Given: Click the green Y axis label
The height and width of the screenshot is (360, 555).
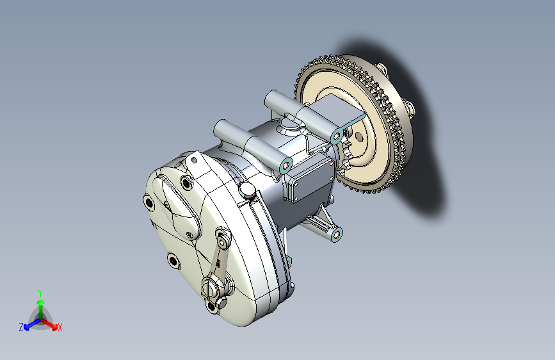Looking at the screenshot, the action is (40, 293).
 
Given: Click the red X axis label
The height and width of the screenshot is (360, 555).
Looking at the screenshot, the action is (60, 327).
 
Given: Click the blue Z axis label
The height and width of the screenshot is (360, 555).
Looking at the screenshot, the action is (21, 327).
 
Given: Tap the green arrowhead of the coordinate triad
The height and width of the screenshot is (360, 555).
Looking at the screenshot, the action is (41, 302).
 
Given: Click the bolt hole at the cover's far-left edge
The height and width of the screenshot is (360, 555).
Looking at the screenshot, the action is (149, 204).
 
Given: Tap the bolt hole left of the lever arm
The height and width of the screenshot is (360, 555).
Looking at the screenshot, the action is (173, 261).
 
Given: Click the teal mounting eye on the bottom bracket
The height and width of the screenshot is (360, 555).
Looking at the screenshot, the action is (335, 234).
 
